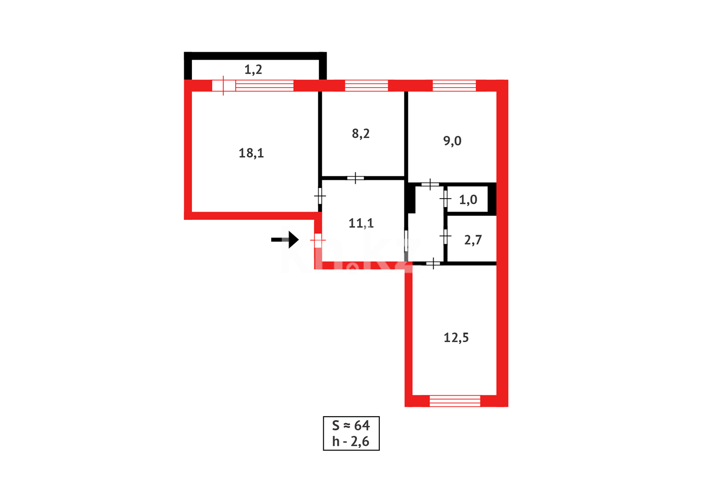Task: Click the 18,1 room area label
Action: [251, 153]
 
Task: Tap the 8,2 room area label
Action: [361, 134]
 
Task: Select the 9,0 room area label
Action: [452, 141]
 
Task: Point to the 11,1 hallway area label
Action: [361, 223]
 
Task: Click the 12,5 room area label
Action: [456, 337]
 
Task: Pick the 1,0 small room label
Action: [468, 200]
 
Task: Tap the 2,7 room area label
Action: [473, 240]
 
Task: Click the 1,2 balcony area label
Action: [253, 69]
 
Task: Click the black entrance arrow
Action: [285, 239]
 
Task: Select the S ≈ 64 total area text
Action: [351, 425]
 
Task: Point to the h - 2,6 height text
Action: [351, 442]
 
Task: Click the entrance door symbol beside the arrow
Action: [318, 240]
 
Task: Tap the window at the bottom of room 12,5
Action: [455, 401]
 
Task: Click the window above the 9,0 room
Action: [454, 86]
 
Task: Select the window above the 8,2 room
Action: [366, 86]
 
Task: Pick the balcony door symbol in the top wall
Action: [224, 86]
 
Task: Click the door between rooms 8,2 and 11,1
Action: [355, 178]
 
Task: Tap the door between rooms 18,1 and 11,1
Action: [320, 196]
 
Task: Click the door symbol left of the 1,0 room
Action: [445, 199]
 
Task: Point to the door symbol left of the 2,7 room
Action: [445, 237]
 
